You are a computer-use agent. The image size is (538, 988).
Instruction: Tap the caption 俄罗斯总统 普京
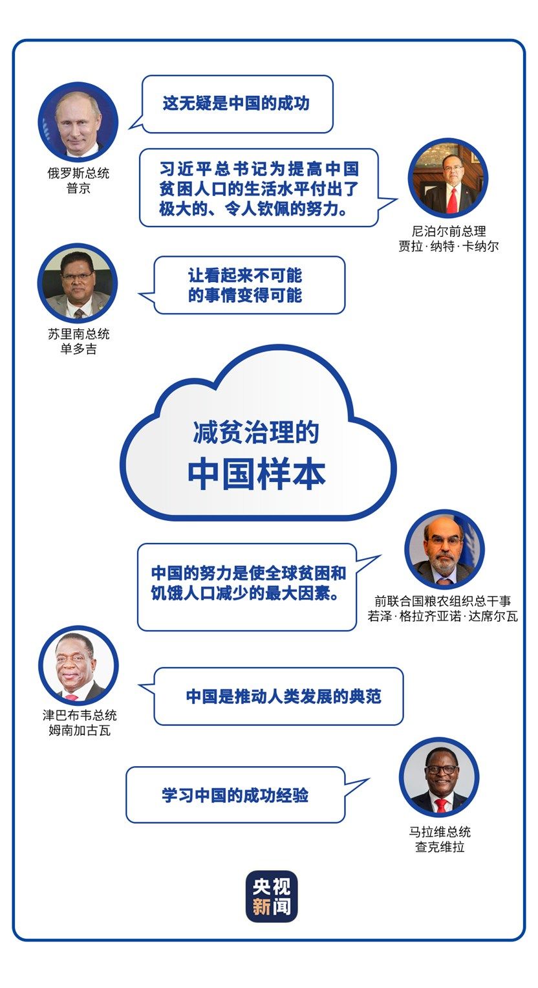pos(78,181)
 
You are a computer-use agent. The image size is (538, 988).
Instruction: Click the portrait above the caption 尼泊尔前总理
pos(447,178)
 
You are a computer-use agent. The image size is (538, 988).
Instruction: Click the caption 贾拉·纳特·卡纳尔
pos(449,246)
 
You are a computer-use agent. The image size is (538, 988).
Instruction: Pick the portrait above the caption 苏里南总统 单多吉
pos(78,283)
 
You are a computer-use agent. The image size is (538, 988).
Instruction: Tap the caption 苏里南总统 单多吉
pos(78,342)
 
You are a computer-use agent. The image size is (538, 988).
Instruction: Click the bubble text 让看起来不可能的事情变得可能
pos(245,285)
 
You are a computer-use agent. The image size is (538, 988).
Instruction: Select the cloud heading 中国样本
pos(257,475)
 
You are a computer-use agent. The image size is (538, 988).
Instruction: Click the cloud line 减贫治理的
pos(256,432)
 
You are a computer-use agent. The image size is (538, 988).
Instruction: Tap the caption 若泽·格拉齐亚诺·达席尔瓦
pos(443,616)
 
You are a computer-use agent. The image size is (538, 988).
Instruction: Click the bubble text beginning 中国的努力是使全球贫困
pos(249,583)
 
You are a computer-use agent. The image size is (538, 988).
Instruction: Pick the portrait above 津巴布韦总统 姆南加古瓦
pos(78,666)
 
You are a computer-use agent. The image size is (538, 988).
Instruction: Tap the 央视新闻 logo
pos(272,896)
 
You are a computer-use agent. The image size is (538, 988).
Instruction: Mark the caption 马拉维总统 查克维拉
pos(440,839)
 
